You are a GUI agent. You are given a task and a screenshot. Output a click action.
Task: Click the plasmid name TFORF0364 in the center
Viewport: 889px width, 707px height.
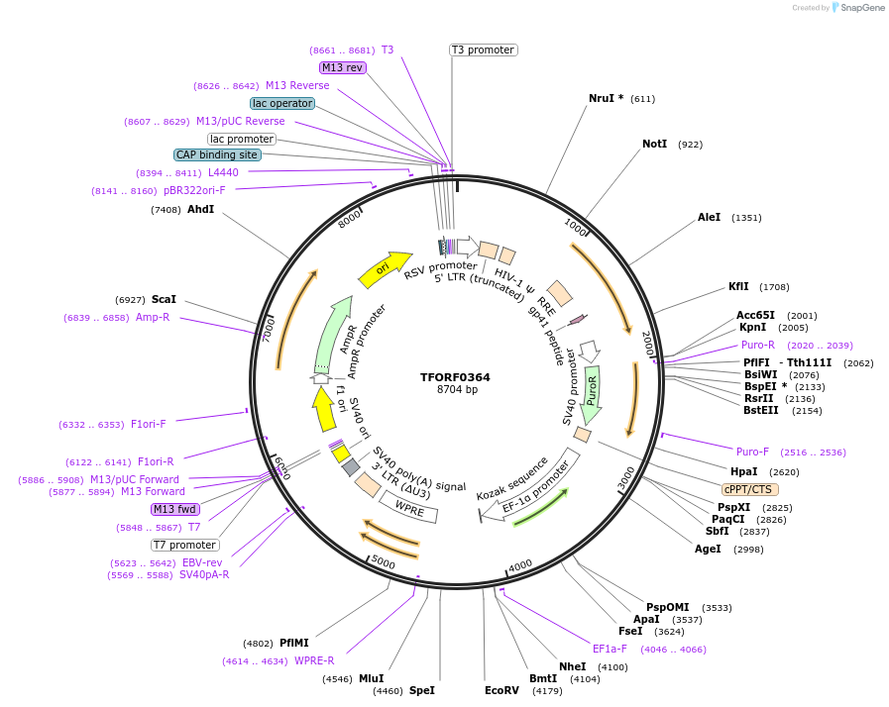pos(455,377)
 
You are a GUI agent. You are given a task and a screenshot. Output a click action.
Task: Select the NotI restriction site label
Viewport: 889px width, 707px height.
pos(654,145)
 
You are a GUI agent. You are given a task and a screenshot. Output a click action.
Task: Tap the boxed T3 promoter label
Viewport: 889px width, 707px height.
pos(483,50)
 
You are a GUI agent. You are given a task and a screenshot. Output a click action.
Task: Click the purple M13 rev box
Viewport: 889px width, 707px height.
pos(343,67)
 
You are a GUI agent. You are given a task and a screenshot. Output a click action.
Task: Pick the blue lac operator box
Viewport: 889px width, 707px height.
pos(282,103)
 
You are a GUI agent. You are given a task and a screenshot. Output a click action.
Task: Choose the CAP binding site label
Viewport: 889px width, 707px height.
pos(217,154)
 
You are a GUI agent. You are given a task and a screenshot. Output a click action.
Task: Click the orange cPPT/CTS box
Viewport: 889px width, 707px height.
pos(748,489)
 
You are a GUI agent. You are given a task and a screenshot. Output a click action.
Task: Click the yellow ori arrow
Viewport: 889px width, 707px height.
pos(384,268)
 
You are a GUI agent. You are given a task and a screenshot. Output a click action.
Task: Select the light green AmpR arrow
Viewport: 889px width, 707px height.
pos(332,333)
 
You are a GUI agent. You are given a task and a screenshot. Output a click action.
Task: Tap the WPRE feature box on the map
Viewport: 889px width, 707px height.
pos(409,510)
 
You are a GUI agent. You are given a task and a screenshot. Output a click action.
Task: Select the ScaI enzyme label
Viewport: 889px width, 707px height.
pos(164,299)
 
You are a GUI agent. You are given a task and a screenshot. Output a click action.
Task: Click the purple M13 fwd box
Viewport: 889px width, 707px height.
pos(175,509)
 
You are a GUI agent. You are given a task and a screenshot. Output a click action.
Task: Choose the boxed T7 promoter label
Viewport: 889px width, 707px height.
pos(184,545)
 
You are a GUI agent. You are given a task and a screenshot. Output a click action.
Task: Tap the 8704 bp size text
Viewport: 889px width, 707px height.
pos(457,390)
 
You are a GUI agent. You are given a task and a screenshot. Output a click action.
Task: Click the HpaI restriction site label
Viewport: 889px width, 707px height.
pos(743,471)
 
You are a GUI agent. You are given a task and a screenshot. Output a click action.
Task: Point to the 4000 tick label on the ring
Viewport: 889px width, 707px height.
pos(520,566)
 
